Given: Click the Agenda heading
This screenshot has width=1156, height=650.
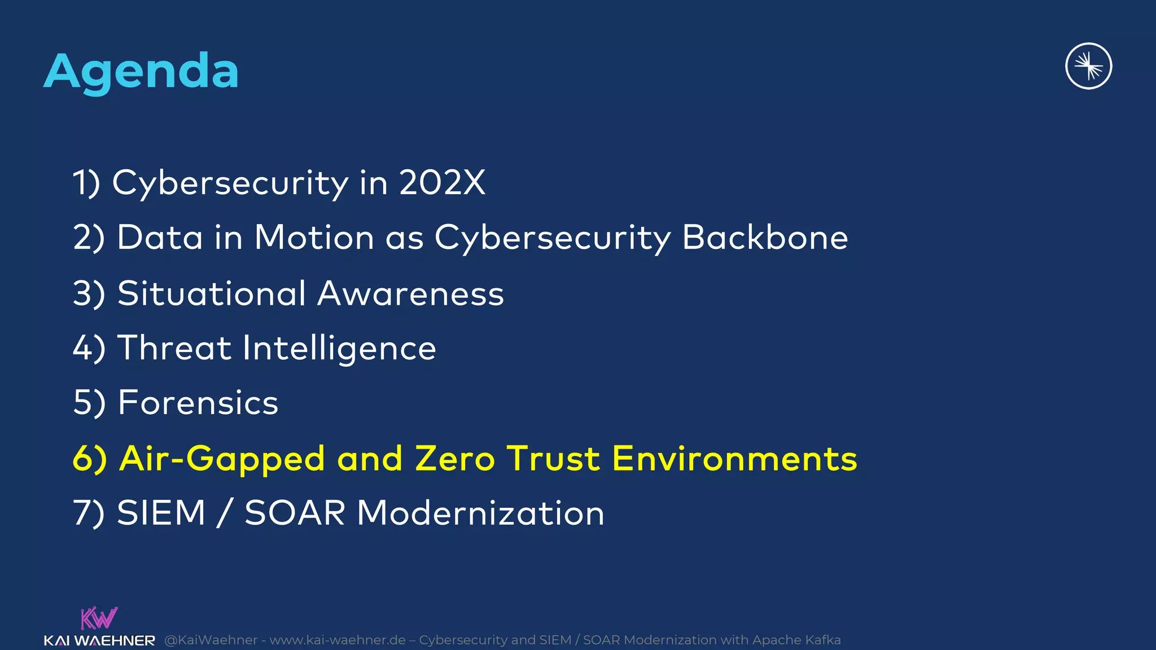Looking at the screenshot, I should click(141, 72).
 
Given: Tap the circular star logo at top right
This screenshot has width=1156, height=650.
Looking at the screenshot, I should click(1088, 67).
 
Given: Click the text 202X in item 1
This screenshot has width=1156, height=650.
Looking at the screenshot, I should click(442, 183).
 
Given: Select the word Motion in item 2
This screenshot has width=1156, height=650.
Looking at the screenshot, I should click(314, 237).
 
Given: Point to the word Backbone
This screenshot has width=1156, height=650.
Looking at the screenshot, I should click(765, 237).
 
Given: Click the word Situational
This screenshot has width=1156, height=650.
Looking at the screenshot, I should click(212, 293).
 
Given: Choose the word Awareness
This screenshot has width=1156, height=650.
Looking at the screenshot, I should click(410, 293).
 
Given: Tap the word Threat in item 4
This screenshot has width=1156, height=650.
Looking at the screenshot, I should click(174, 348).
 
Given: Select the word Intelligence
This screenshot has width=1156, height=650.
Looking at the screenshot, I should click(339, 349).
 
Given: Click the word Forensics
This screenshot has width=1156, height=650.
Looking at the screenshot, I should click(198, 402).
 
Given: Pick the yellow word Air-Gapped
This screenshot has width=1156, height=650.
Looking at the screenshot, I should click(222, 459).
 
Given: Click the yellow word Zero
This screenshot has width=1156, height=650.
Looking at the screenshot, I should click(455, 458).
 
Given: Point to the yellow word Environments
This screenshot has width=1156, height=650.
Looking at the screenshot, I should click(734, 458).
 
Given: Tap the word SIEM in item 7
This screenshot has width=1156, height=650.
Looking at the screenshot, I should click(161, 513).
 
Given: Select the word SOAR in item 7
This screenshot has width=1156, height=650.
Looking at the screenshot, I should click(295, 513).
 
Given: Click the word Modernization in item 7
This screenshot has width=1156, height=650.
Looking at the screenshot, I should click(480, 513).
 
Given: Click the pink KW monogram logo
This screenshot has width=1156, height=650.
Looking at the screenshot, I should click(99, 618).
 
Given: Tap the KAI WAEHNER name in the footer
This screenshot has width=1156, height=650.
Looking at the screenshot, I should click(99, 641).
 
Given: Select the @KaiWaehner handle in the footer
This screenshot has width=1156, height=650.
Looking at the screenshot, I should click(211, 640).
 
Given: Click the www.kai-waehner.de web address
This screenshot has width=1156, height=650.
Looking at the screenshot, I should click(337, 640).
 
